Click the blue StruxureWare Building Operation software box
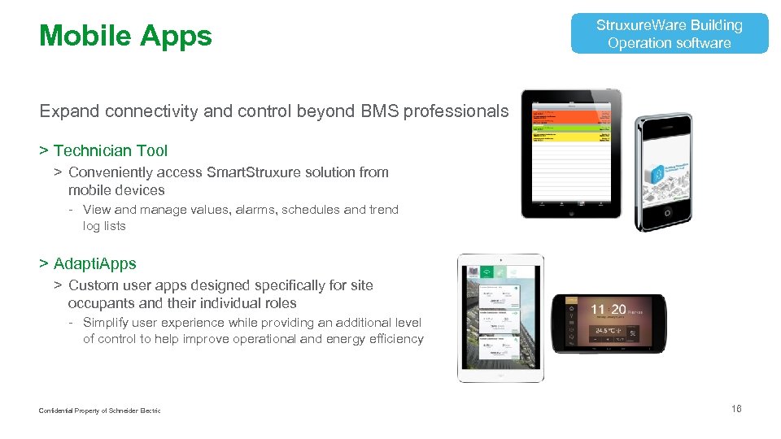pos(669,34)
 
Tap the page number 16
pos(736,409)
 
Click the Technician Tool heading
pos(110,150)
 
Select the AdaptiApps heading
pos(94,263)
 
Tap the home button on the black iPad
pos(571,211)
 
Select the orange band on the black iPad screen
pos(571,119)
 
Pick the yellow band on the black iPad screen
pos(571,136)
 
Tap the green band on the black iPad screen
pos(571,128)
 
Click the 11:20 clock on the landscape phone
pos(608,309)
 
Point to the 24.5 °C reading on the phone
pos(607,331)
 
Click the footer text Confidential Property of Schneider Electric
pos(99,411)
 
